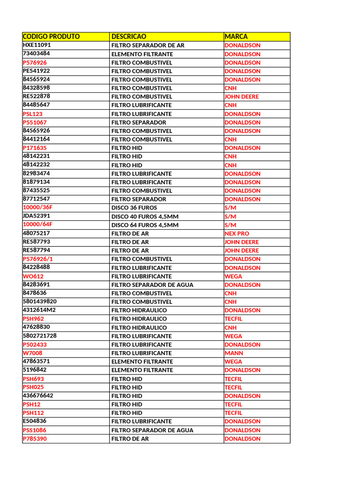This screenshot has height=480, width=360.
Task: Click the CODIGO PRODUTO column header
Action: click(51, 37)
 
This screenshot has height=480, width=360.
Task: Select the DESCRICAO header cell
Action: click(129, 37)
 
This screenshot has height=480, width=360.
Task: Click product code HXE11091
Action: click(37, 45)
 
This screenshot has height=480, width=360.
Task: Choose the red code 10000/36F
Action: click(37, 208)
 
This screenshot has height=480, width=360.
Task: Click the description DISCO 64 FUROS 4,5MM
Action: click(145, 225)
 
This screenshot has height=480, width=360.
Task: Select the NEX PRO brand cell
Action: click(237, 233)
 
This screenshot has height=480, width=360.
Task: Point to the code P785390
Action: click(35, 439)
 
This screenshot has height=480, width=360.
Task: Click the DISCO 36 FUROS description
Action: click(134, 208)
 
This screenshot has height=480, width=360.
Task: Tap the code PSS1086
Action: click(35, 430)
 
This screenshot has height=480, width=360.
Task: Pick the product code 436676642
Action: click(38, 396)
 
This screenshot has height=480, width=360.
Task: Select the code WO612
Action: click(33, 276)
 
